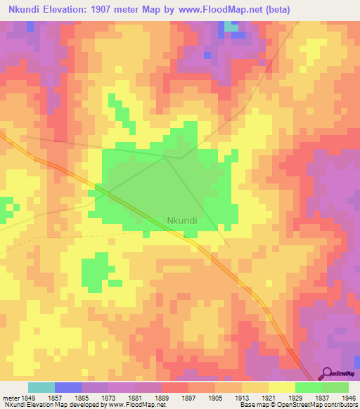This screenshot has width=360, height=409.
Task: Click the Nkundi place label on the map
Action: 182,220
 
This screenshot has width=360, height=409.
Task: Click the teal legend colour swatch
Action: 41,387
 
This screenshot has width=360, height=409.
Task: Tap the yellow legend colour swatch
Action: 282,387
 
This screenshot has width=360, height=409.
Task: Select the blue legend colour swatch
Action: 68,387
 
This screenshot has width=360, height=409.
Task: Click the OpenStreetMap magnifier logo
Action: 326,373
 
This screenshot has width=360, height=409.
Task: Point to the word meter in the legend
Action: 11,397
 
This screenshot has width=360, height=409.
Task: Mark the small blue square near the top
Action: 207,54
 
